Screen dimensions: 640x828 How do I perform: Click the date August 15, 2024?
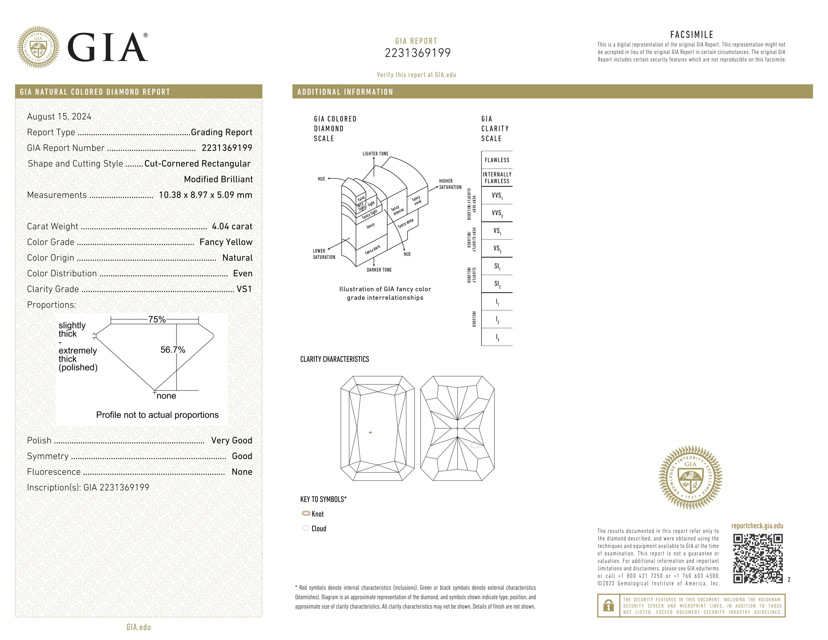pos(59,116)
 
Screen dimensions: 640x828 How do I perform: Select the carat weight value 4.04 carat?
pos(232,226)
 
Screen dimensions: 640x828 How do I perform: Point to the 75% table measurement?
pos(157,319)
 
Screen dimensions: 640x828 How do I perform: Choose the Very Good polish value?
pos(231,440)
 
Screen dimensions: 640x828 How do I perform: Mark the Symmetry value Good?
pos(242,456)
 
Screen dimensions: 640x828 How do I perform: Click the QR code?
pos(757,558)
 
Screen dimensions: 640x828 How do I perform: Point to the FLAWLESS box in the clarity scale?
pos(497,160)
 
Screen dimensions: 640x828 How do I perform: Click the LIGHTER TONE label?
pos(375,154)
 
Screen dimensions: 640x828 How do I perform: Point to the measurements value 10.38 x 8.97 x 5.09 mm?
pos(205,195)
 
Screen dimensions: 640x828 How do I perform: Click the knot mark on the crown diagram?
pos(370,432)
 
